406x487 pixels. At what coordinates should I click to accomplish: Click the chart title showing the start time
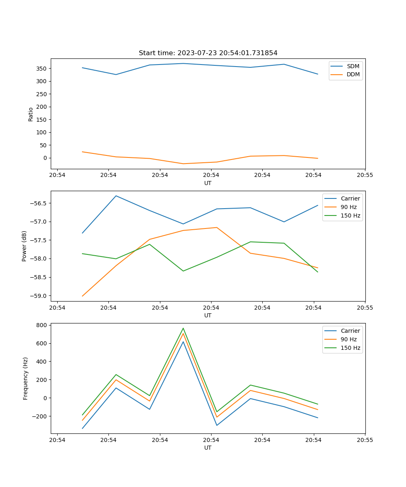208,53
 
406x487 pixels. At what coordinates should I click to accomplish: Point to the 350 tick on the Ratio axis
42,69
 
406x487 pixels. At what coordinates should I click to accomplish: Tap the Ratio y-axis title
31,114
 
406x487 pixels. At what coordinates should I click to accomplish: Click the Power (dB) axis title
25,246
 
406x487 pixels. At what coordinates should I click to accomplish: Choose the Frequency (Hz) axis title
26,379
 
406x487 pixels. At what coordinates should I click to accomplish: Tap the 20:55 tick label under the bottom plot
365,440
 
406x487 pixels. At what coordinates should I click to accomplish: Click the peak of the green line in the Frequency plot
183,328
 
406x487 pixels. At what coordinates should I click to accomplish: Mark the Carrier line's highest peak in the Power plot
116,196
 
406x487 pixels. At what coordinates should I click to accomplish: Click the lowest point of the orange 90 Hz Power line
82,296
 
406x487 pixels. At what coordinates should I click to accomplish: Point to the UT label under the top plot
208,183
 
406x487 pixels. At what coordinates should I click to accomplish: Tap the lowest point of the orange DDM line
183,164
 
